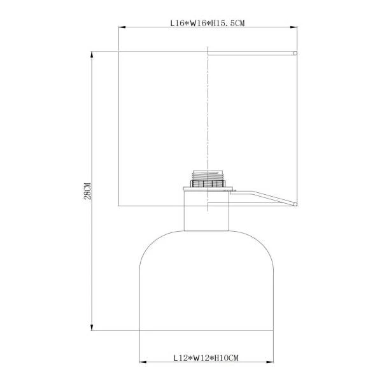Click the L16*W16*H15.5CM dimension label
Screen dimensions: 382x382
tap(208, 23)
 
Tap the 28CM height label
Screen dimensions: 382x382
tap(87, 191)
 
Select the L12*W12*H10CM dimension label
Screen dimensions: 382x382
tap(206, 358)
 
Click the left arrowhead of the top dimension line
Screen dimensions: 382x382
tap(122, 27)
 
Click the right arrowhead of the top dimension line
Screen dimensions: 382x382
tap(294, 27)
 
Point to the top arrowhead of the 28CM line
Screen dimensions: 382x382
tap(92, 55)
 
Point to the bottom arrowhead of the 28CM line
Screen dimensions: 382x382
tap(92, 327)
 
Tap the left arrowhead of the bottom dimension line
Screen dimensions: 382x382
tap(143, 362)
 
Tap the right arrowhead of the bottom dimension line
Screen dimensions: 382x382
tap(270, 362)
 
